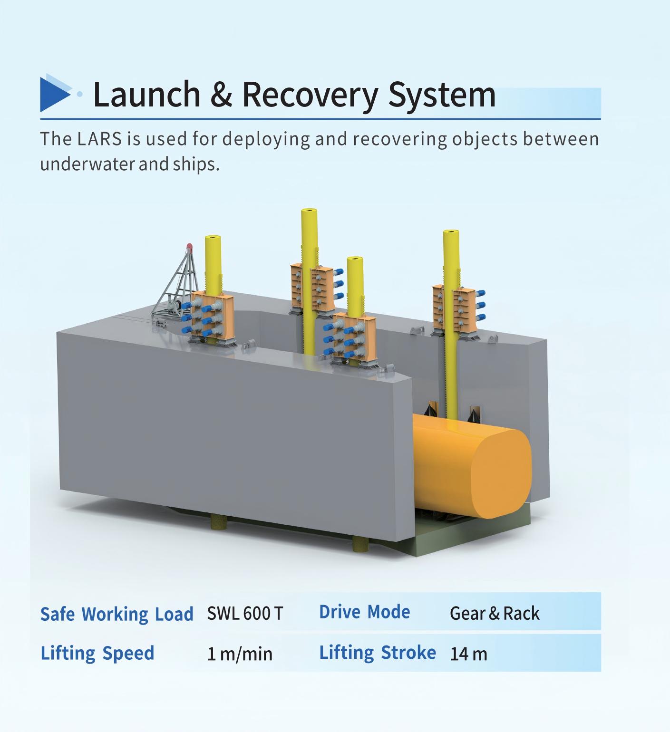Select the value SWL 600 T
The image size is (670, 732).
[x=245, y=613]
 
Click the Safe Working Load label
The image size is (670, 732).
[x=117, y=614]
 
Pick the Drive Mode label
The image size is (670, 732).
[x=364, y=612]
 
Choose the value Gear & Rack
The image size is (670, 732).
[x=495, y=613]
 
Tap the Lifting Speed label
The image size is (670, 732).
[x=97, y=653]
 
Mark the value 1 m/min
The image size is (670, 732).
[x=240, y=654]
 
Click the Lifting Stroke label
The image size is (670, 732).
[x=377, y=653]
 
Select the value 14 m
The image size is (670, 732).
[x=468, y=654]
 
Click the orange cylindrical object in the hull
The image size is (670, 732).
[x=471, y=466]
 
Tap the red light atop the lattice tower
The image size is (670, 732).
[x=189, y=246]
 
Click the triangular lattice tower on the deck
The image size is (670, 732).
[x=178, y=285]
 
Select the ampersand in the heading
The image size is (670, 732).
[x=221, y=94]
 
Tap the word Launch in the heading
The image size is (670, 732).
[x=146, y=94]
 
